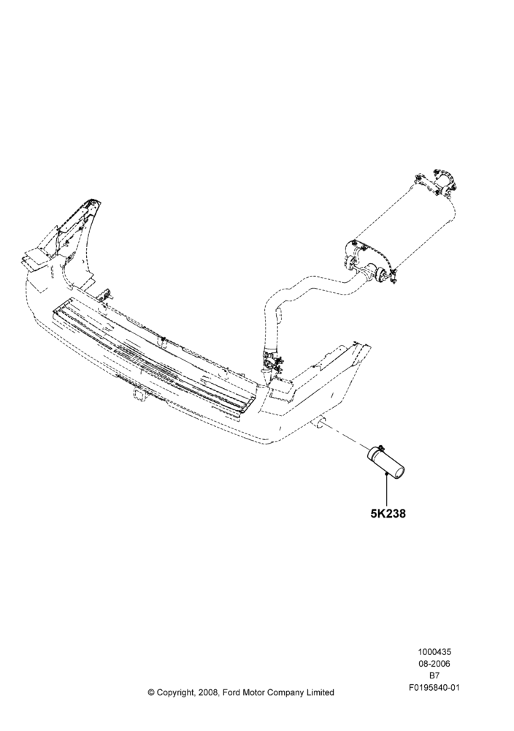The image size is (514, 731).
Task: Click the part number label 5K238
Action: (x=388, y=514)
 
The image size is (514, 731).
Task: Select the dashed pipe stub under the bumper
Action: (x=318, y=423)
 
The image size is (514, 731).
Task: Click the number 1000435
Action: (x=434, y=652)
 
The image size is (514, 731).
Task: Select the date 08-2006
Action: (x=434, y=664)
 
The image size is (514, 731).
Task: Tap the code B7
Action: (x=434, y=675)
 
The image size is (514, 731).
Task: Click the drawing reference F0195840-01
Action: (x=434, y=687)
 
